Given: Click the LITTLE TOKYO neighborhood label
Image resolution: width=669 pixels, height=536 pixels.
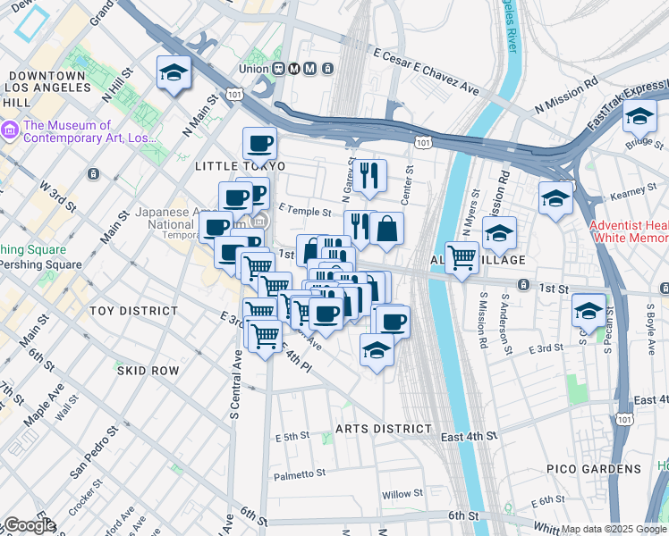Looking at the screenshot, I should pos(240,166).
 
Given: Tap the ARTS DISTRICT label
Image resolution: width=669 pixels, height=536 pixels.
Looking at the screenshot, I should pos(383,429).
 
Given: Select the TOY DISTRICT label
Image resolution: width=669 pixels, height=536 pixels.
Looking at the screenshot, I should pos(133,310).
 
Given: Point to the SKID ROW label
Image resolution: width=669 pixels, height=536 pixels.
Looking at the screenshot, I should pos(147,370).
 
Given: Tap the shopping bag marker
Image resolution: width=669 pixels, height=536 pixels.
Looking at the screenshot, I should pos(386,230).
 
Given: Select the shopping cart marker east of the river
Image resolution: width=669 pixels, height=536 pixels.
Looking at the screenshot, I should pos(462,258).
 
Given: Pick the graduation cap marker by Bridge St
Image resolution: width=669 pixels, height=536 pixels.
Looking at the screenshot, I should pos(639,118).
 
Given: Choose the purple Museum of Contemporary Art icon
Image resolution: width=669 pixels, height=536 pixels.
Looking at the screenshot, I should pos(10,131).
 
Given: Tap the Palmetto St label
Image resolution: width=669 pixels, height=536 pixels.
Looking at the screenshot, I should pos(302,475).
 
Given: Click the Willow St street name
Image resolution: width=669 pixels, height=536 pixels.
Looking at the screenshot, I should pos(402,494).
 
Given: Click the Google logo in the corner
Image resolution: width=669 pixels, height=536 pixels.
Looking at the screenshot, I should pos(29,526).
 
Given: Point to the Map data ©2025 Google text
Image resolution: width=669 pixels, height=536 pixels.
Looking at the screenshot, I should pos(614,529).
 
